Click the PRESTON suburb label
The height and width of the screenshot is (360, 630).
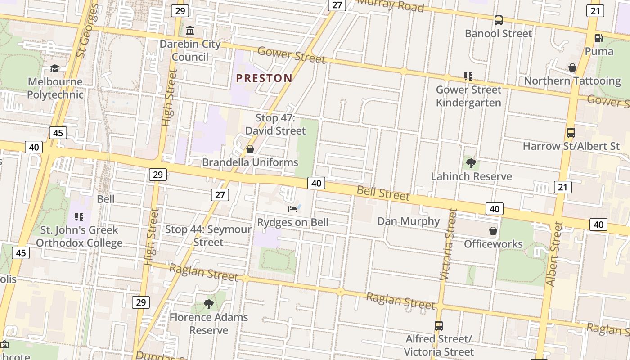(264, 78)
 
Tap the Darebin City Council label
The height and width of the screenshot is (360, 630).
(190, 50)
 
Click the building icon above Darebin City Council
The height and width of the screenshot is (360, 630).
(190, 31)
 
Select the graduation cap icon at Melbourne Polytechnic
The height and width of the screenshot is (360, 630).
(55, 68)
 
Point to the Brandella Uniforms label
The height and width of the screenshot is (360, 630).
(250, 162)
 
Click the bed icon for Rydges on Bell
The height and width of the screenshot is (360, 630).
(292, 209)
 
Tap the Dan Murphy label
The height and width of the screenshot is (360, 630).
(409, 221)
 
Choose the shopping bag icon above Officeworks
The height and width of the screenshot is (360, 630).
(493, 231)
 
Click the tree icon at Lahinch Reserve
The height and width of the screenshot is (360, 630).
(471, 163)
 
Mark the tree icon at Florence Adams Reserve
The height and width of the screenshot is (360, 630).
(208, 304)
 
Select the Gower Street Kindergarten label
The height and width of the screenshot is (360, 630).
(468, 96)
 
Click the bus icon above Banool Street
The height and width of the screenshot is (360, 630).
(498, 20)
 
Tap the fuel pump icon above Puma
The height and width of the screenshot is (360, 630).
(598, 38)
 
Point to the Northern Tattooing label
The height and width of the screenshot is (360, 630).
(572, 81)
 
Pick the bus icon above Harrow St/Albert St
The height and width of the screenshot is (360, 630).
(571, 133)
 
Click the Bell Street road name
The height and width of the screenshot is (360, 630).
(383, 193)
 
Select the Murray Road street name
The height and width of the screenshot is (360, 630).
(391, 6)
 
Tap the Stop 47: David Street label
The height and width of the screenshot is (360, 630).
(275, 124)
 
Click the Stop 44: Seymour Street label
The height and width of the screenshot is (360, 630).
(208, 236)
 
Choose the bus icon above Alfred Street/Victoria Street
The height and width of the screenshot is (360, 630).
(438, 325)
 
